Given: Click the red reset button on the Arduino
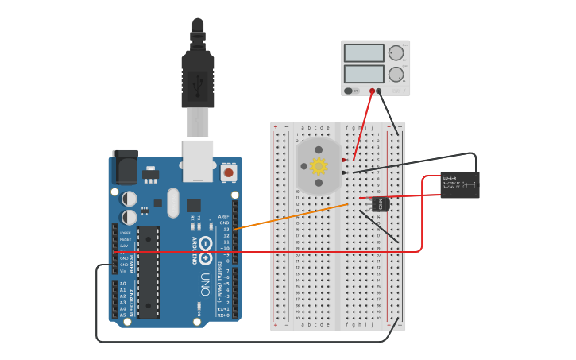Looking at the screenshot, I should [x=229, y=172].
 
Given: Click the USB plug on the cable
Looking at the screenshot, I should [x=198, y=79].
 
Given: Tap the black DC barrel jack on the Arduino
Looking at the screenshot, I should [x=125, y=166].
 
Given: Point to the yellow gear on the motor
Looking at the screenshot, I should [x=319, y=166].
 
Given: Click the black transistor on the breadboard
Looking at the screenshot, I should [x=381, y=204].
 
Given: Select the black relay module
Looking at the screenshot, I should [x=460, y=184].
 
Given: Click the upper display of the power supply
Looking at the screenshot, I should [x=364, y=53].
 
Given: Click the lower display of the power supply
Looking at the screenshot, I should [x=364, y=75].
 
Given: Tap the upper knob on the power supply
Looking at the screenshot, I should [x=396, y=53].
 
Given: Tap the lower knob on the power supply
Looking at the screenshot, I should [x=396, y=75].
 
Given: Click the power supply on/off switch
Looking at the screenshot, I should [x=349, y=91].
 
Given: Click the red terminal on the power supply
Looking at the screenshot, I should [x=371, y=91].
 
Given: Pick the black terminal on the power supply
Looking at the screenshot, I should [x=379, y=91].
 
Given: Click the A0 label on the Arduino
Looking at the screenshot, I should [x=122, y=284].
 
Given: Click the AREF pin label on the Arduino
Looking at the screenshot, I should [x=223, y=216].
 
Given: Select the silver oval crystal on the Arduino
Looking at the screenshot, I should [x=173, y=202].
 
